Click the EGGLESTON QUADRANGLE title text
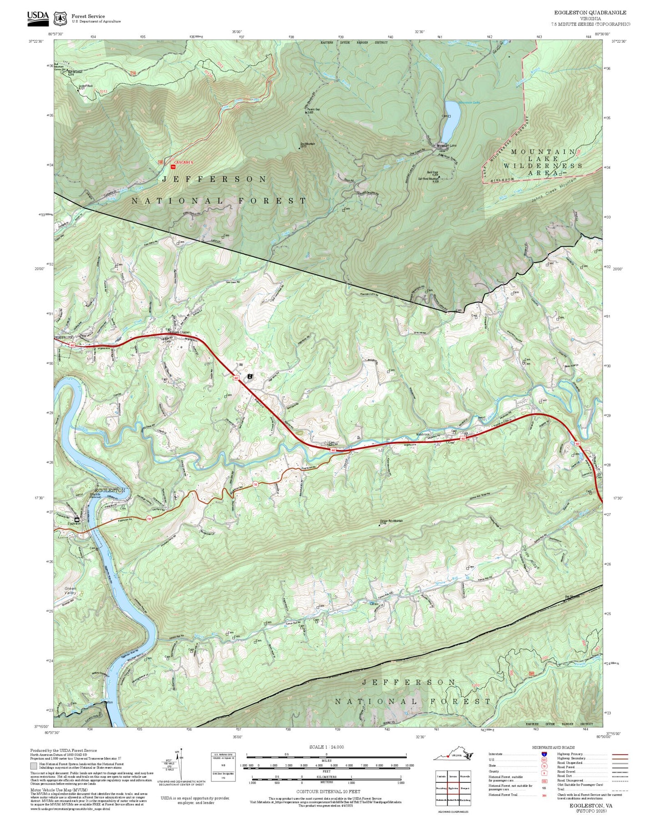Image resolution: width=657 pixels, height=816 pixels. point(590,13)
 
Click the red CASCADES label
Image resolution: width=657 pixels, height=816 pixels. point(184,162)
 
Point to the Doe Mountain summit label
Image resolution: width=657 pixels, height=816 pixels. point(307,145)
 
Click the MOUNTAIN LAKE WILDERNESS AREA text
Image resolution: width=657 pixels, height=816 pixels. point(543,162)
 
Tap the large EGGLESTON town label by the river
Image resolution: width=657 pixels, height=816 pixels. point(110,490)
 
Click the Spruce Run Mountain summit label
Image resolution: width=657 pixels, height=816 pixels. point(391,521)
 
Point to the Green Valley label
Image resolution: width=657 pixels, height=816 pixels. point(70,591)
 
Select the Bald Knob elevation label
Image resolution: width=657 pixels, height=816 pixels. point(433,173)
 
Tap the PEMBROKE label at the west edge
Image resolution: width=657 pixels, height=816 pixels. point(64,337)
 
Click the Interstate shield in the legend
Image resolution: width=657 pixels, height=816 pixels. point(544,754)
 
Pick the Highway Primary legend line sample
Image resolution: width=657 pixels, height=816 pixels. point(620,754)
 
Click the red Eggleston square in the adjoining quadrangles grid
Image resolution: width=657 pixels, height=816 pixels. point(452,788)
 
